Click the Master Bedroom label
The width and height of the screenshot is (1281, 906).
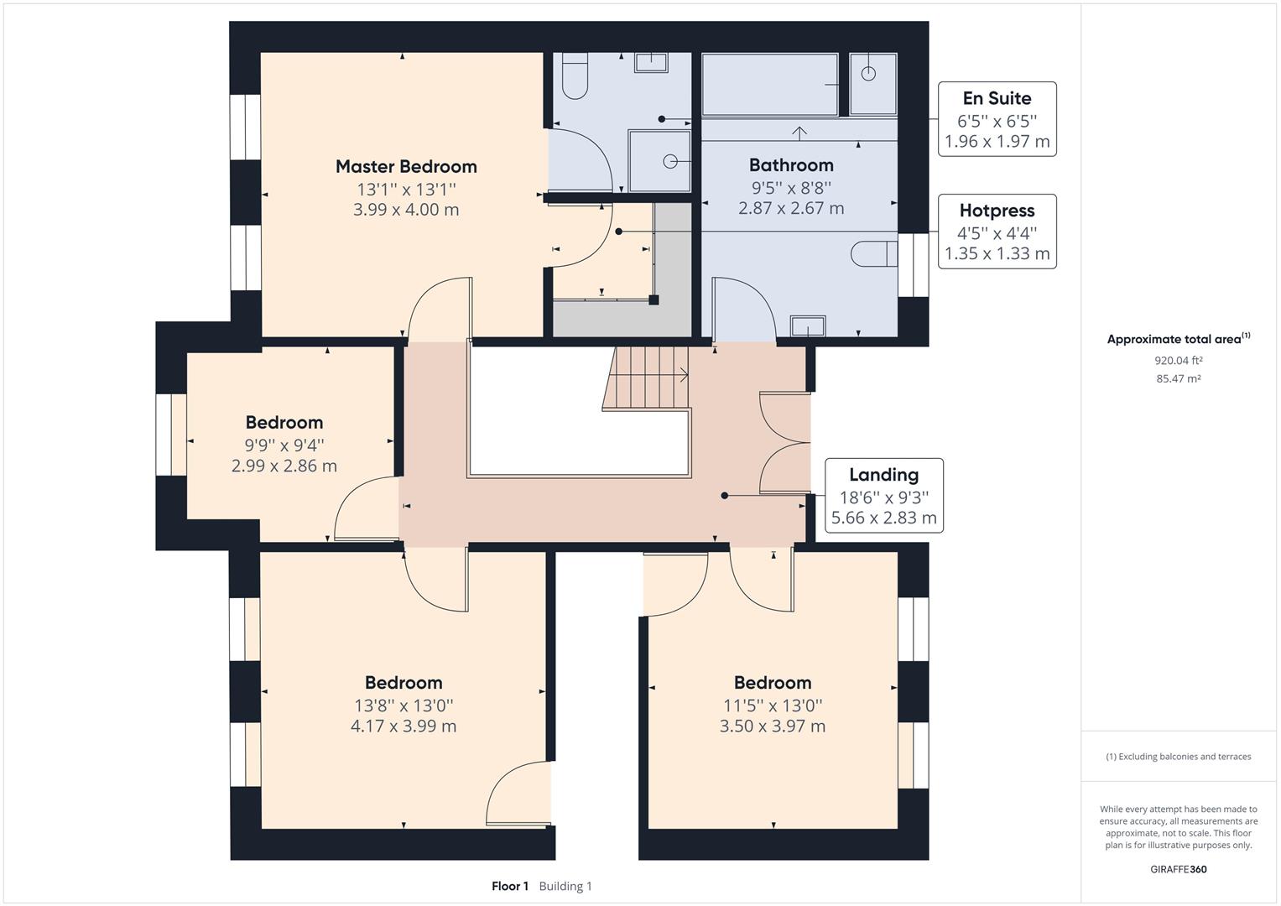406,166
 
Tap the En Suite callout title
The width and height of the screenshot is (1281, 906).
997,98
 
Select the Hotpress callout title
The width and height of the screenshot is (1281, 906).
997,211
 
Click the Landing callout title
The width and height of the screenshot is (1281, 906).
883,475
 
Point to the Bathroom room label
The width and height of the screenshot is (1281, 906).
791,165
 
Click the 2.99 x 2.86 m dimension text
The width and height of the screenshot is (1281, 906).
284,466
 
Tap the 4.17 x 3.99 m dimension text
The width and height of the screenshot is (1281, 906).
404,726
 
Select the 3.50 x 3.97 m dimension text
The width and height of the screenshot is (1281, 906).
772,726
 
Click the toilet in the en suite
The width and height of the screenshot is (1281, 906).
575,76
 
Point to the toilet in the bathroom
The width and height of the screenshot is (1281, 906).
874,254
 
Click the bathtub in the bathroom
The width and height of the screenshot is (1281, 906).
770,85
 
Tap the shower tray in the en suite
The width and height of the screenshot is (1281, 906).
659,161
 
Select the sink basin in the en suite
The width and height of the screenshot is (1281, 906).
651,62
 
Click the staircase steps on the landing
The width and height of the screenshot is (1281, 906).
646,378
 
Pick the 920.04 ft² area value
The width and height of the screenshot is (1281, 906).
1178,361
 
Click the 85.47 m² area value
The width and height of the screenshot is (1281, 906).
1178,378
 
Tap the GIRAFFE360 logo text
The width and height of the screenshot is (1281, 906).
1178,869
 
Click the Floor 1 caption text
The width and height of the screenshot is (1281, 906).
509,886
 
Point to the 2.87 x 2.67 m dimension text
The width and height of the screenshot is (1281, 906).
791,208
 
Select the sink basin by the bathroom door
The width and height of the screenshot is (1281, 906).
808,326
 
